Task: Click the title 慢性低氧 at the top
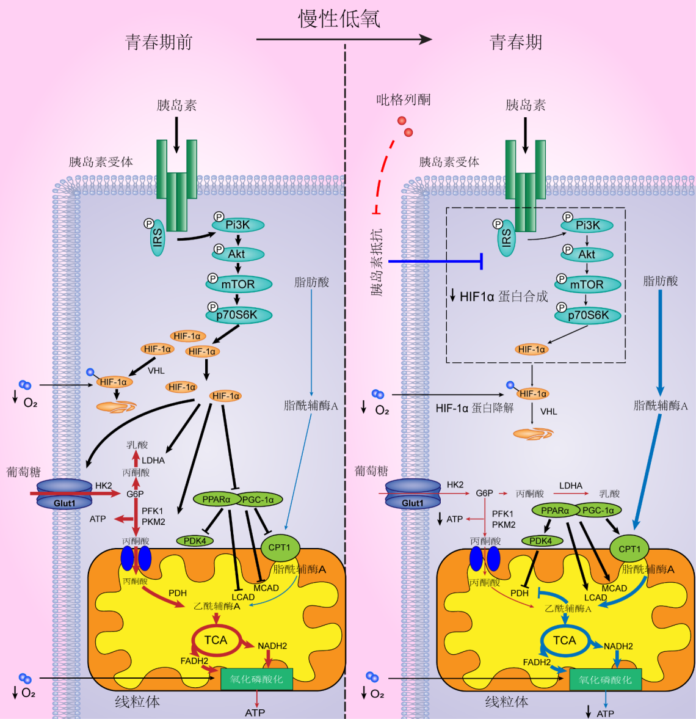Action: pyautogui.click(x=339, y=19)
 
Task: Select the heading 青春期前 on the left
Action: pyautogui.click(x=159, y=42)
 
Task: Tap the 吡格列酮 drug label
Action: pyautogui.click(x=403, y=100)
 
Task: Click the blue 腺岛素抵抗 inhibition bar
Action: pyautogui.click(x=435, y=261)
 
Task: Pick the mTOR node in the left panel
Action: pyautogui.click(x=238, y=284)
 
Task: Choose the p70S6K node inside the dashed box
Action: pyautogui.click(x=588, y=315)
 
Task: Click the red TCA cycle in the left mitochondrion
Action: pyautogui.click(x=216, y=640)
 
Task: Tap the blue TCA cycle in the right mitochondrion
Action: pyautogui.click(x=564, y=640)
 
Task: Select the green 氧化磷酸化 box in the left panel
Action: pyautogui.click(x=256, y=679)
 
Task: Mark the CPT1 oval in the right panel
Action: pyautogui.click(x=629, y=549)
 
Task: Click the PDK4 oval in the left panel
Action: pyautogui.click(x=195, y=541)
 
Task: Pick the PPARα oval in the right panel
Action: pyautogui.click(x=555, y=510)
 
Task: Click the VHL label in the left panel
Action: pyautogui.click(x=156, y=370)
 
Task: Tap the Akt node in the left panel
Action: pyautogui.click(x=237, y=254)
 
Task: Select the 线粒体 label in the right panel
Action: pyautogui.click(x=507, y=702)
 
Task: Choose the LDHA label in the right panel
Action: pyautogui.click(x=571, y=486)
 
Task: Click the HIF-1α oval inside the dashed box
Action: pyautogui.click(x=531, y=349)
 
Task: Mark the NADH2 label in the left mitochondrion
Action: pyautogui.click(x=272, y=646)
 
